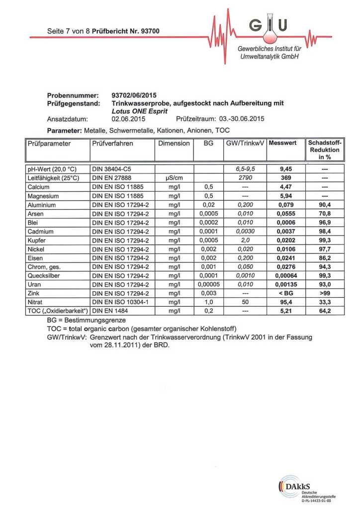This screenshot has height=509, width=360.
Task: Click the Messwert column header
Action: [282, 143]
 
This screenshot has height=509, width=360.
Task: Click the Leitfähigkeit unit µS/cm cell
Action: [174, 178]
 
